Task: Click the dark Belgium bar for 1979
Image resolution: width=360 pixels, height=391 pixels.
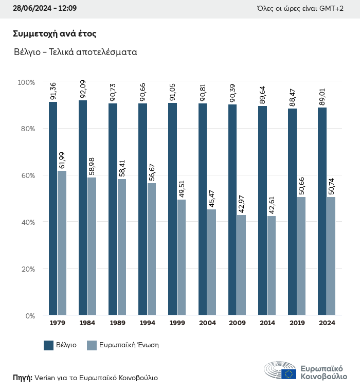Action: (53, 208)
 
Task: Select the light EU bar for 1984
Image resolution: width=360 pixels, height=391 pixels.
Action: (92, 246)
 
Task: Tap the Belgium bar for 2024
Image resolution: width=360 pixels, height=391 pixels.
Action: (322, 211)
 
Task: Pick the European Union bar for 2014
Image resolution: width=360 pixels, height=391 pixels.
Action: (271, 265)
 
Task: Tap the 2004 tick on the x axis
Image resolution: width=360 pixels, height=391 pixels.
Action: (207, 323)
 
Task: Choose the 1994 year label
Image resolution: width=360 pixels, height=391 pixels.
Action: (148, 323)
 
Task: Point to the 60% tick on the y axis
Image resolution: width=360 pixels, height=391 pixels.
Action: (26, 175)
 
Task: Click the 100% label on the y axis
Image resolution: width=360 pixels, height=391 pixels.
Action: (26, 82)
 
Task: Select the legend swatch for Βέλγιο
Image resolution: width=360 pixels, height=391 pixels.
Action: (49, 345)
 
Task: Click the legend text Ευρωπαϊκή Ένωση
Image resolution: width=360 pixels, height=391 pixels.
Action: (130, 345)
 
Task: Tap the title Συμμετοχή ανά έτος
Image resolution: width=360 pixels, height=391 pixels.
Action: (55, 34)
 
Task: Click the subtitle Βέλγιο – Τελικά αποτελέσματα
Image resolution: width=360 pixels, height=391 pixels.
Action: (75, 52)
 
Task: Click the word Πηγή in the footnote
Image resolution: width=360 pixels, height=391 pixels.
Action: (22, 378)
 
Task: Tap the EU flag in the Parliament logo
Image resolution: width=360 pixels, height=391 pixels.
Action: (289, 374)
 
